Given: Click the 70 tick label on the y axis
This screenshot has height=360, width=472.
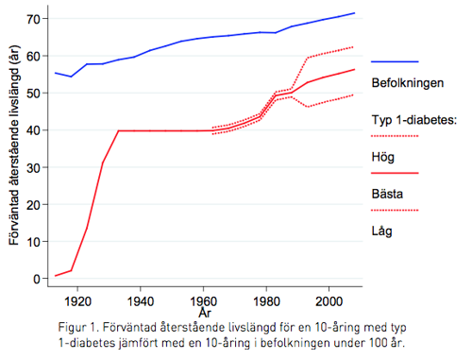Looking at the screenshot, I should [x=32, y=19].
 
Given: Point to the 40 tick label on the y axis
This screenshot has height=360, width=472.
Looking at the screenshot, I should [x=32, y=130].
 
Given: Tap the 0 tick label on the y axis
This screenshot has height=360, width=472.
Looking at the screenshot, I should [x=36, y=279].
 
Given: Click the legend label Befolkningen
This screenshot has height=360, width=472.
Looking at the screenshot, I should [x=408, y=83].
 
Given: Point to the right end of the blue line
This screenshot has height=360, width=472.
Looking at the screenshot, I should [x=354, y=13].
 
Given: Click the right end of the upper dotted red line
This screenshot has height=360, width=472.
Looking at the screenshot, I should [x=354, y=46].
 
